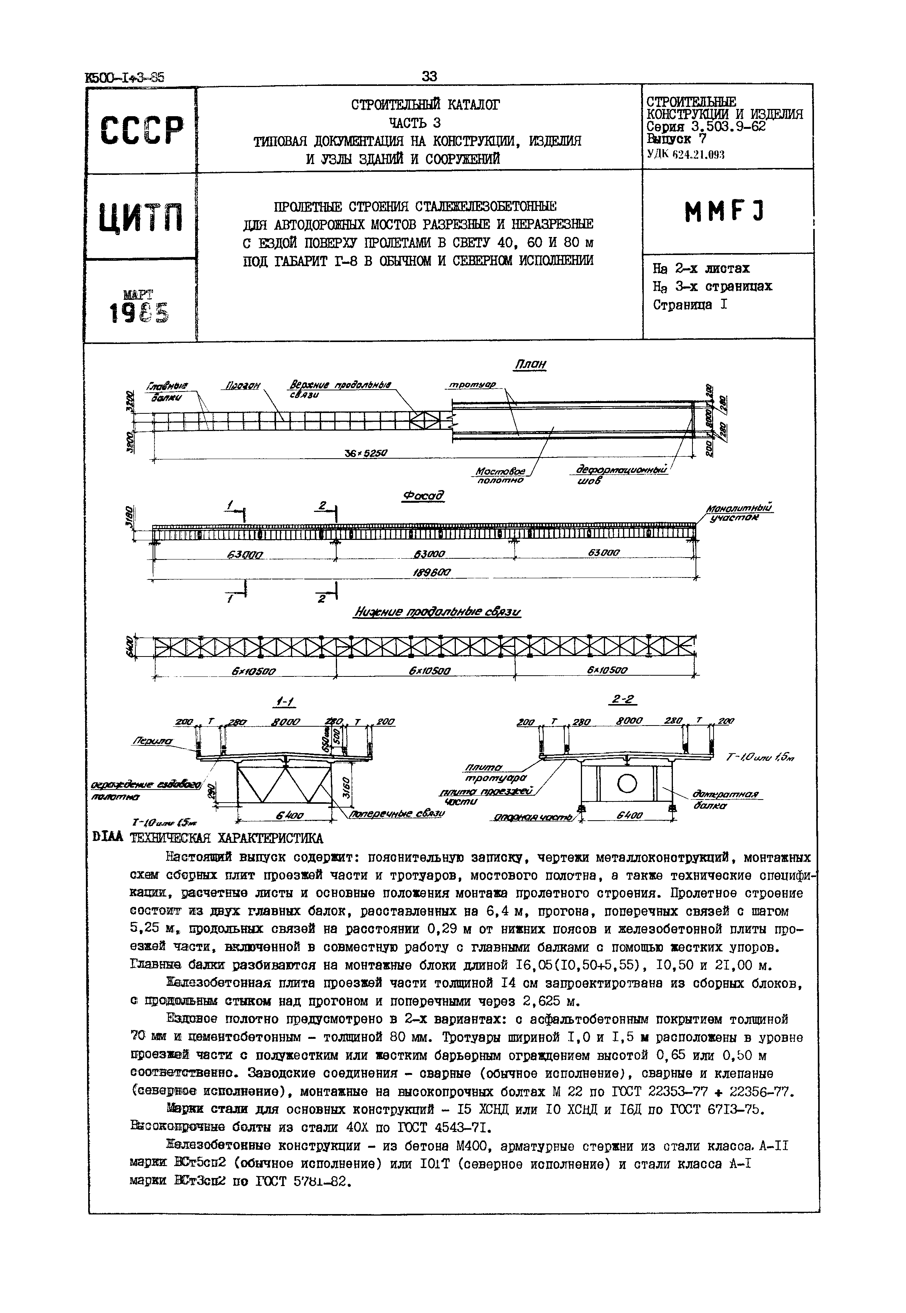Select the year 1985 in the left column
click(140, 312)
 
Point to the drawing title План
click(529, 364)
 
